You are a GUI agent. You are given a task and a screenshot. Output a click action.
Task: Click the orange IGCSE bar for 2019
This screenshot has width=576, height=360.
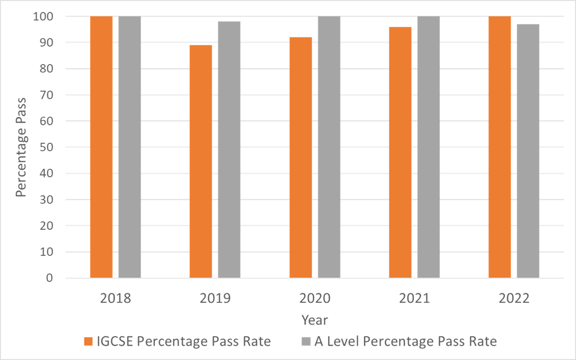click(201, 162)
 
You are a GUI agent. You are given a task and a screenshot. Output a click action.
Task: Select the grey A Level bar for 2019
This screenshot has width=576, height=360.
click(229, 150)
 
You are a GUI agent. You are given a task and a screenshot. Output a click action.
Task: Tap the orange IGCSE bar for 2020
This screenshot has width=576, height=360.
click(301, 158)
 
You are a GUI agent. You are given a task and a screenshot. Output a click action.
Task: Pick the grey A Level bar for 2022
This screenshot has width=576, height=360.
click(528, 151)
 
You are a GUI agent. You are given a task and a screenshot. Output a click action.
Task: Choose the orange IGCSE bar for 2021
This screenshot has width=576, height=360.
click(400, 152)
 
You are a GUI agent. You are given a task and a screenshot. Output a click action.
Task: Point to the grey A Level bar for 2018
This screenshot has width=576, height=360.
click(130, 147)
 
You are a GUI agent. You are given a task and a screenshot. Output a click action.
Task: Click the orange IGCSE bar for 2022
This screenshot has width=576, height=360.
click(500, 147)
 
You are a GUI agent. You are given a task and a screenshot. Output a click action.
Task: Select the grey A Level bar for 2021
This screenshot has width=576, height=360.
click(428, 147)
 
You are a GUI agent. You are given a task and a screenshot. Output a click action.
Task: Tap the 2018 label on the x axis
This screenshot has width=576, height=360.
click(116, 298)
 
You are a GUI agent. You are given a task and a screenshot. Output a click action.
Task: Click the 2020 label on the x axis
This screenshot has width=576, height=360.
click(315, 298)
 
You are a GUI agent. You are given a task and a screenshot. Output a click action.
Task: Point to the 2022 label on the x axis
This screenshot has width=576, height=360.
click(514, 298)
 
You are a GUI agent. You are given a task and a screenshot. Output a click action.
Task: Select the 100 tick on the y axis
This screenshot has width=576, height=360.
click(43, 16)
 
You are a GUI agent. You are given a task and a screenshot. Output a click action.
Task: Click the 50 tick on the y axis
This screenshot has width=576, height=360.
click(46, 147)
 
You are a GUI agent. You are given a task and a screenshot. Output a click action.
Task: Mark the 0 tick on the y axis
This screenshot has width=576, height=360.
click(49, 278)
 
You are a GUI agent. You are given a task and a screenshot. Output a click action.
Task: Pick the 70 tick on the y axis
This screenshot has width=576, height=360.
click(46, 95)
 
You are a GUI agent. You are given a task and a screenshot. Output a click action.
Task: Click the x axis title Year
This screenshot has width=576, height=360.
click(315, 320)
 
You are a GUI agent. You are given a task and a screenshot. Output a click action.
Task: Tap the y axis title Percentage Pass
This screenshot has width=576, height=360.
click(21, 147)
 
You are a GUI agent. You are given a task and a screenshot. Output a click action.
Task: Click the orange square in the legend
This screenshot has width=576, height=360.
click(88, 341)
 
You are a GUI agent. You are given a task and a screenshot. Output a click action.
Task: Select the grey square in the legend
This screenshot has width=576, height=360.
click(306, 341)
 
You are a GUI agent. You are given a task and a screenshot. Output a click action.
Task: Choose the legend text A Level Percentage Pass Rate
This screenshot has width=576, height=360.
click(406, 341)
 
